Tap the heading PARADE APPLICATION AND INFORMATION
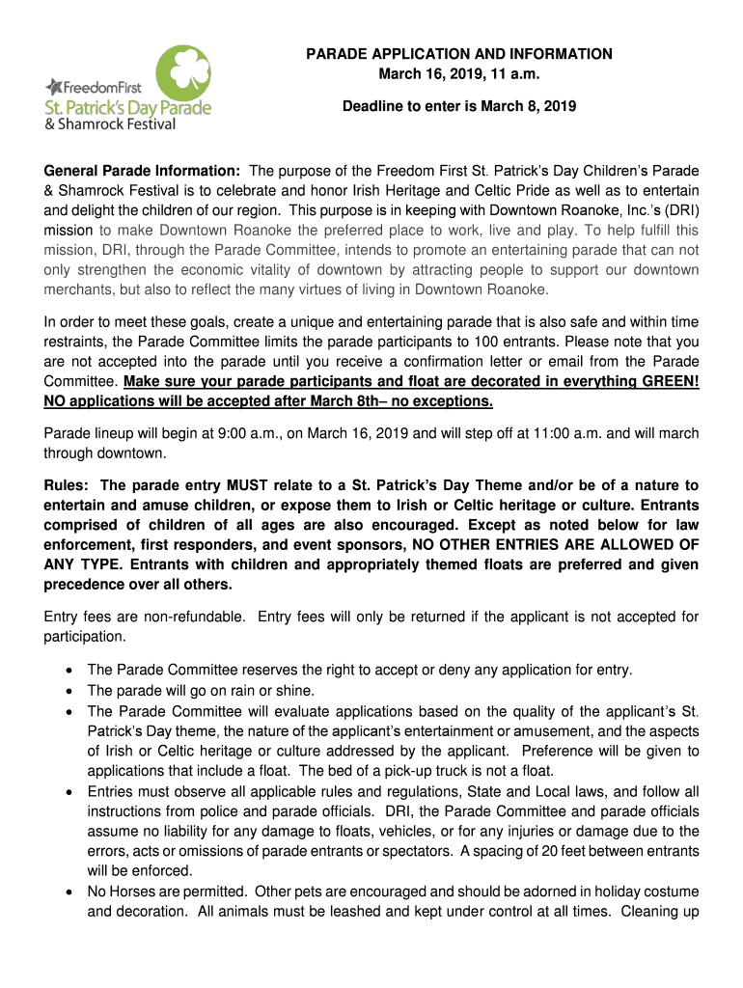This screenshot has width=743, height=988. (458, 54)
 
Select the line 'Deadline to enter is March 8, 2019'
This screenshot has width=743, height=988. (458, 106)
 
